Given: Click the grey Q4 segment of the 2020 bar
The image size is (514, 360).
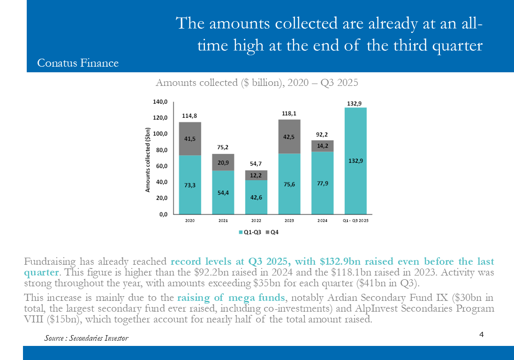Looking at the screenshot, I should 190,138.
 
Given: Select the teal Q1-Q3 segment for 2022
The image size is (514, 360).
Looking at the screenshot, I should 256,197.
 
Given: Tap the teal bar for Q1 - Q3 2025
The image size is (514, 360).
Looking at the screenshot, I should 355,161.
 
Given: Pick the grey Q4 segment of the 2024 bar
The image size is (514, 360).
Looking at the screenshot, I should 322,146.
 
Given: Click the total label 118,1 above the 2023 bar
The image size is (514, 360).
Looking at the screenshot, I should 289,113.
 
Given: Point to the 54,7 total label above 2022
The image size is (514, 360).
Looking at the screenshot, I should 256,164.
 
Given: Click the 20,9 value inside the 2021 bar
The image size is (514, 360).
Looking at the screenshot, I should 223,162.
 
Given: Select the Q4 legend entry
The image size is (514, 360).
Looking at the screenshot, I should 272,232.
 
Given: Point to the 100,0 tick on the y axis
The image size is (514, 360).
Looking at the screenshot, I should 161,134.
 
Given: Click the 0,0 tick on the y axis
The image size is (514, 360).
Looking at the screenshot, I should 163,214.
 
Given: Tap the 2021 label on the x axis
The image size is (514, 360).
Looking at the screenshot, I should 223,220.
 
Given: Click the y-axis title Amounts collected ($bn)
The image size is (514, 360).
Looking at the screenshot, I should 148,160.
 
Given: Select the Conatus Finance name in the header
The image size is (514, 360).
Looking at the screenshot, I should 78,63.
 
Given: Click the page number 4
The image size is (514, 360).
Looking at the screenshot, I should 482,334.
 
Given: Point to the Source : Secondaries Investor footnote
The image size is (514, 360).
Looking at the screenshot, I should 86,338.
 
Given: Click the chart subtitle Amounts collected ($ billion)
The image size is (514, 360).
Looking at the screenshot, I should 257,83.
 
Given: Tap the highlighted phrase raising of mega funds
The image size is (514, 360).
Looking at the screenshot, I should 231,298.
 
